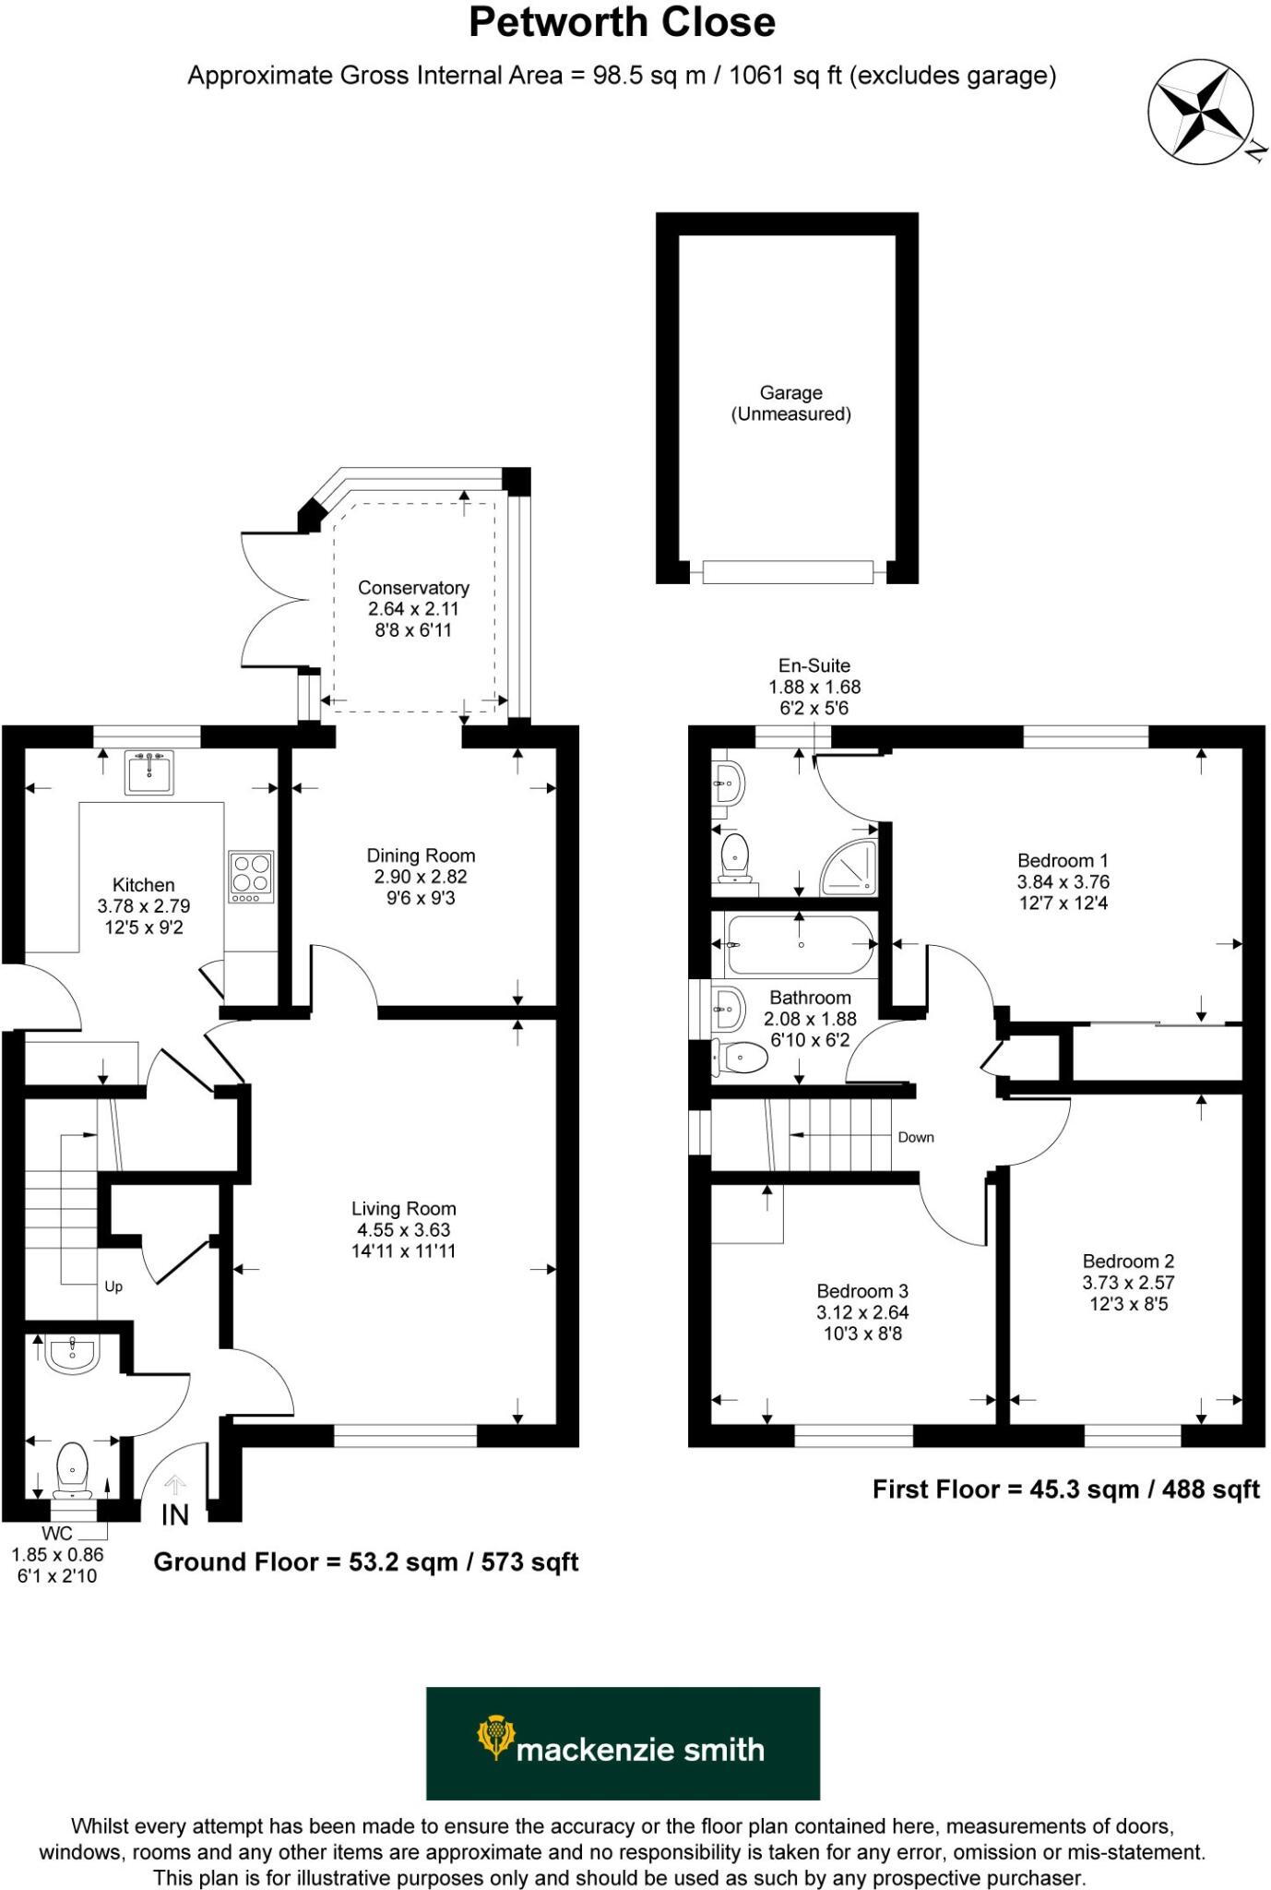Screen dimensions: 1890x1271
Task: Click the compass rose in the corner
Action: (x=1200, y=112)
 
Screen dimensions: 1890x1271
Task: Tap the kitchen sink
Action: (x=148, y=772)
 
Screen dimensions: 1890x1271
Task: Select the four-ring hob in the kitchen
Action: (x=251, y=876)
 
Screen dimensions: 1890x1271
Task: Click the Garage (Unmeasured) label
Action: (x=790, y=403)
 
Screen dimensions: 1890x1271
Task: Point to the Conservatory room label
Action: (x=413, y=588)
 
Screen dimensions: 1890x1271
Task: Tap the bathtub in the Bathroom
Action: (x=800, y=945)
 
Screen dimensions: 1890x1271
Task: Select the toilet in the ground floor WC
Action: (x=72, y=1468)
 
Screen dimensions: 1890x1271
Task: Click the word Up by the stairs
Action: (x=113, y=1286)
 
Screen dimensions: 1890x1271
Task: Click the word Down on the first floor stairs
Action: (x=915, y=1137)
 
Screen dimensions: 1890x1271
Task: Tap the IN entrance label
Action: (x=174, y=1515)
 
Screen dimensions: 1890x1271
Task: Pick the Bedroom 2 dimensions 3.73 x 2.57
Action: (x=1127, y=1283)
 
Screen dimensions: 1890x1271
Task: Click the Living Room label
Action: (x=403, y=1209)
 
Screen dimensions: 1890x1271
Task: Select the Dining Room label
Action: (x=421, y=855)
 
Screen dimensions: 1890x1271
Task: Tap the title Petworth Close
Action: (x=622, y=23)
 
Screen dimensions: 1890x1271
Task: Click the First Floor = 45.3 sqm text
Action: (x=1065, y=1489)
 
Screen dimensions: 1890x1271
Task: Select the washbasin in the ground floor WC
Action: (x=73, y=1355)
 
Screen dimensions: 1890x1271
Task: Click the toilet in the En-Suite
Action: (x=734, y=855)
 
